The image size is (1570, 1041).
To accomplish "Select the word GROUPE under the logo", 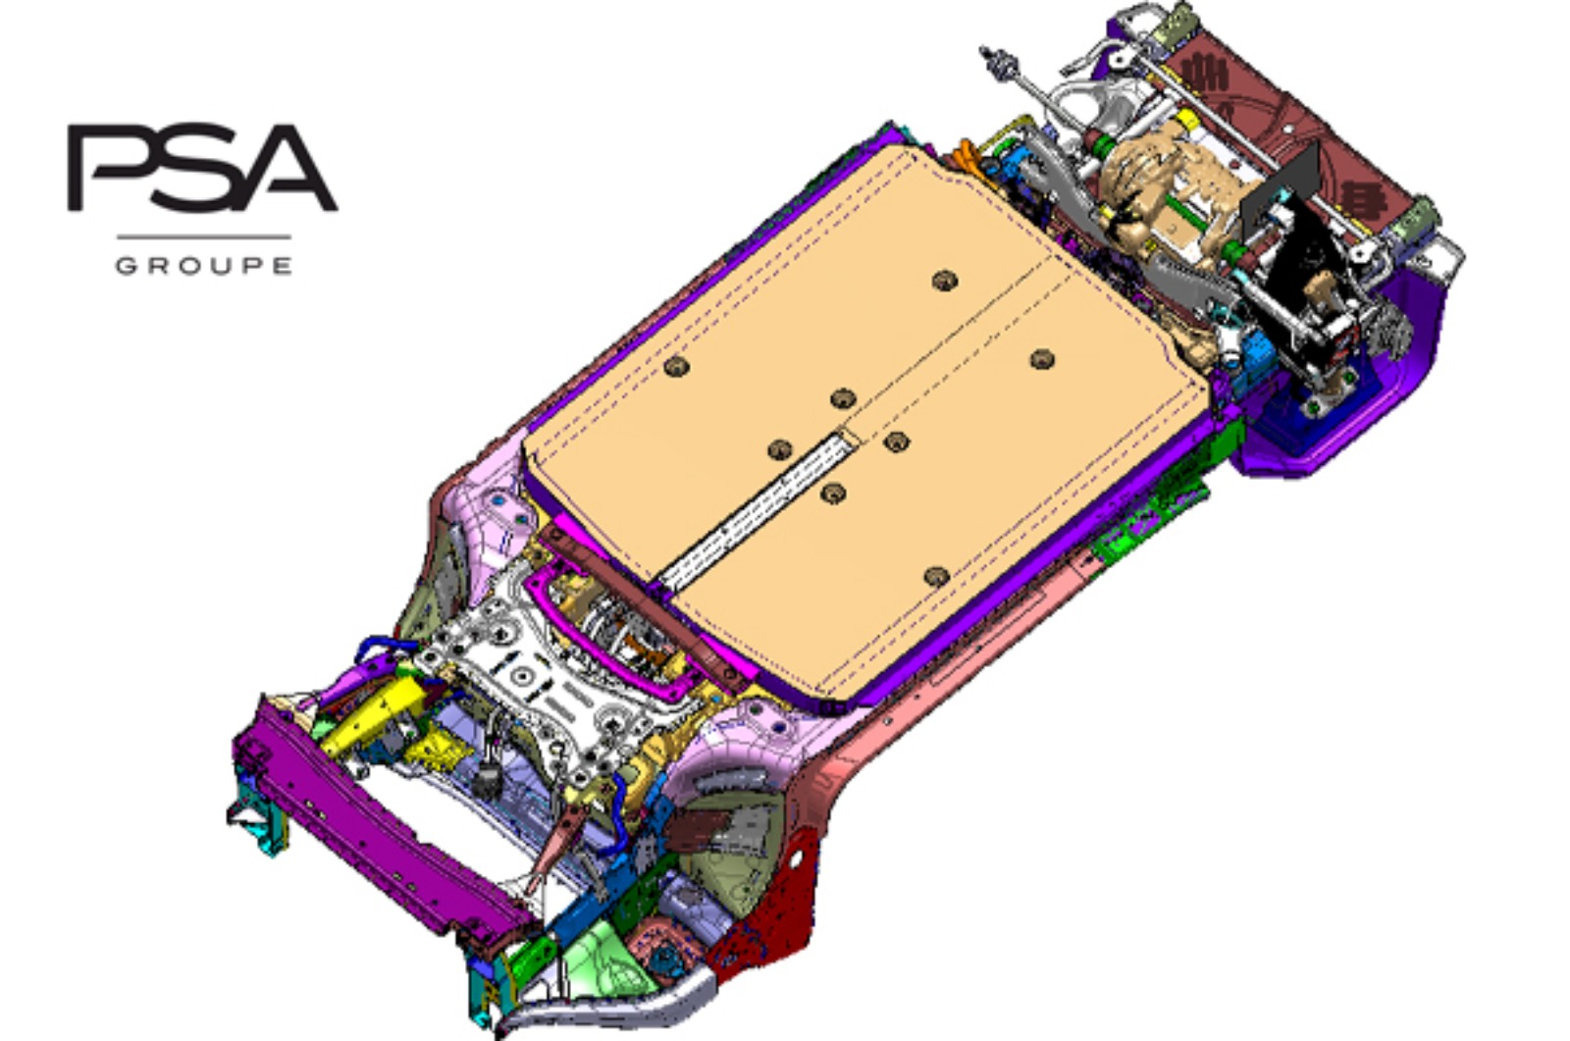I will [x=203, y=266].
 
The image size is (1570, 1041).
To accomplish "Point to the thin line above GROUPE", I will [x=203, y=236].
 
